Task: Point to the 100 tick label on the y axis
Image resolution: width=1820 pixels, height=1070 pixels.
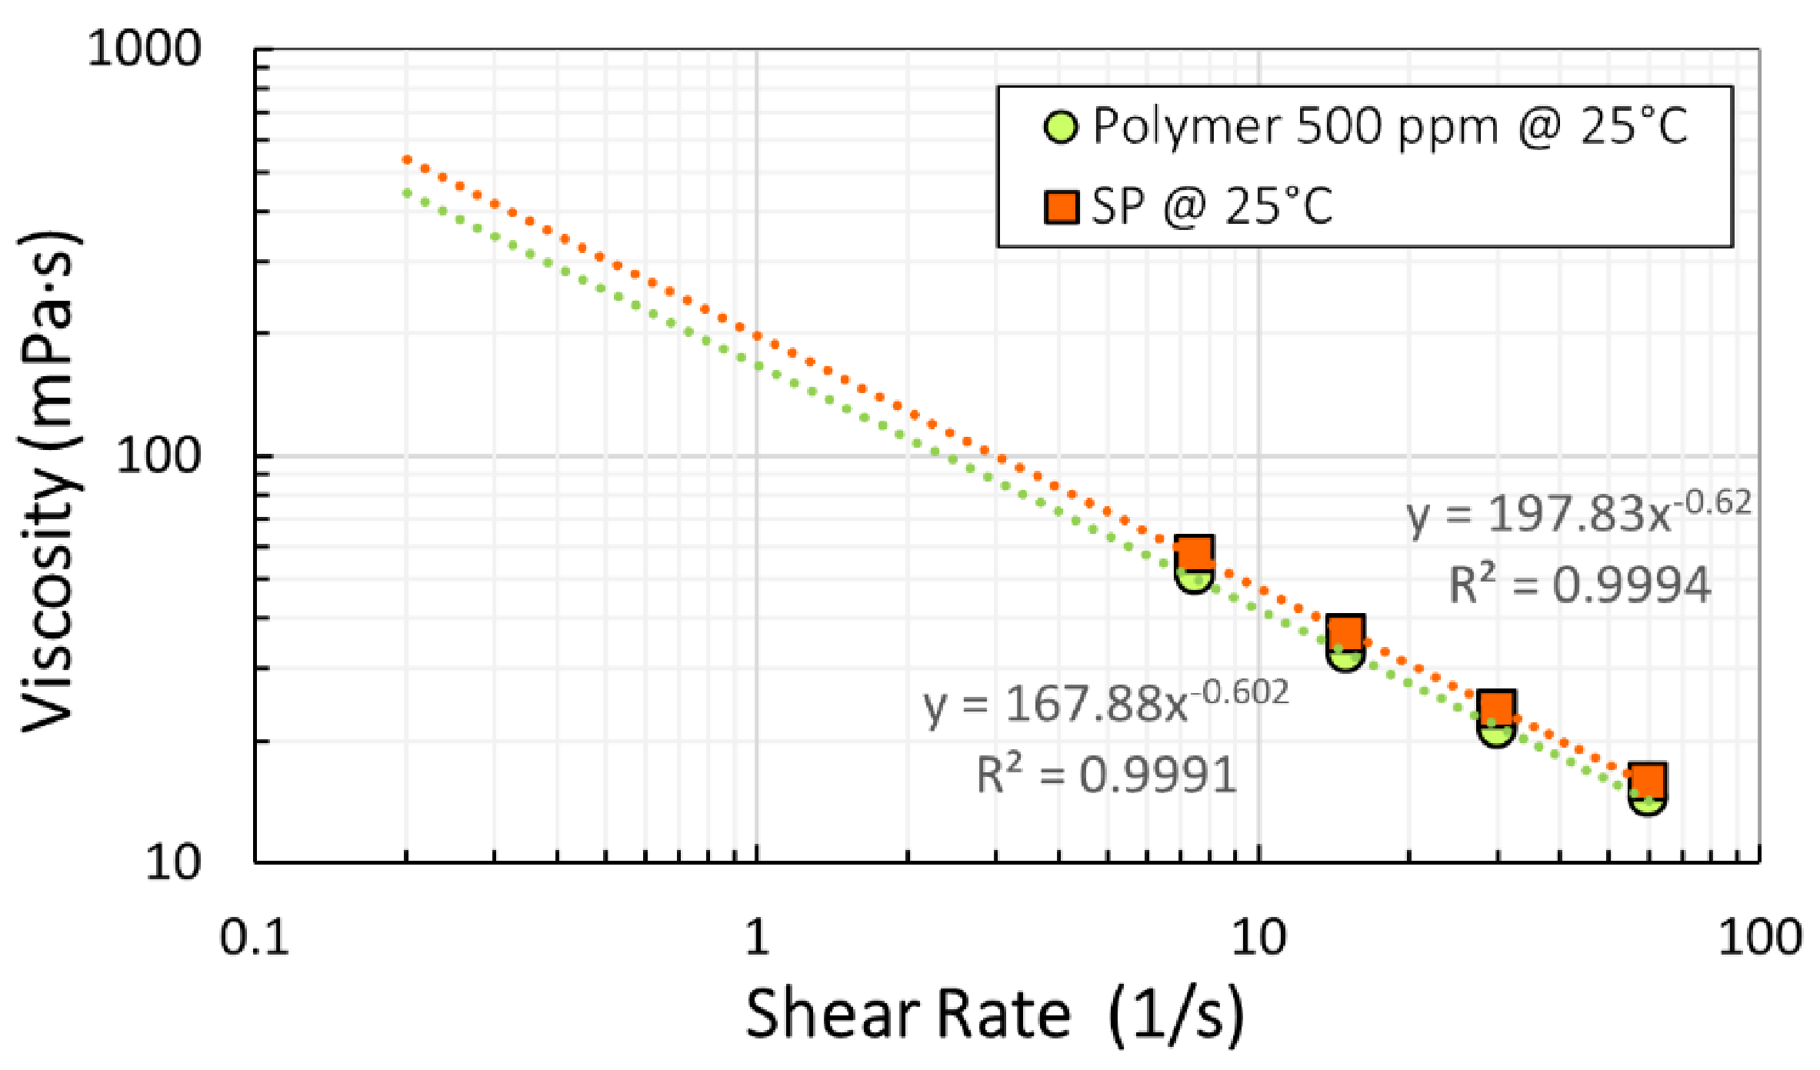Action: click(158, 455)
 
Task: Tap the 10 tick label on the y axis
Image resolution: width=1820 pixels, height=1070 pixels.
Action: click(173, 862)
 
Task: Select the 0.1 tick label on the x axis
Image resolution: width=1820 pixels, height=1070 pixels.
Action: click(254, 938)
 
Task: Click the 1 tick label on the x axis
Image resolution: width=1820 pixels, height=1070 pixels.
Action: click(757, 938)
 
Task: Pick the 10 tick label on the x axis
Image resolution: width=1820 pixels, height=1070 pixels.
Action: click(1258, 938)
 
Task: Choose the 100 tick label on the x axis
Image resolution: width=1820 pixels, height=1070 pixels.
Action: click(1760, 938)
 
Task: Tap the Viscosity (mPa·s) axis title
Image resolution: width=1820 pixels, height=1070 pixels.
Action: click(50, 481)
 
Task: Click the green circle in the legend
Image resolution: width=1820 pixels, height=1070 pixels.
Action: click(1061, 127)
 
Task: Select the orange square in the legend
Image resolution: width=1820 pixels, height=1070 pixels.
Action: click(1061, 208)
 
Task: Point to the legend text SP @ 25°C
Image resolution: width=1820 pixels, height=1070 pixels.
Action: click(1212, 206)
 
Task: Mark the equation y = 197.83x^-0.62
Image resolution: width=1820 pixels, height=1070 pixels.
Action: click(1578, 512)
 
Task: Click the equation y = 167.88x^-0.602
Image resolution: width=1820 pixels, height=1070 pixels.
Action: click(1105, 702)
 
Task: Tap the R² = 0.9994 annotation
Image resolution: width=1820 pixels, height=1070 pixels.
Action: click(1580, 585)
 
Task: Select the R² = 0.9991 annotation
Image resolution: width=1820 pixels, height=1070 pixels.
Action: click(1107, 774)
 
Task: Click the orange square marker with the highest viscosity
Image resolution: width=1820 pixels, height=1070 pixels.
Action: click(1194, 552)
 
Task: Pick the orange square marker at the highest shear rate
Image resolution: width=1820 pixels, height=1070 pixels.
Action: click(1648, 780)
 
